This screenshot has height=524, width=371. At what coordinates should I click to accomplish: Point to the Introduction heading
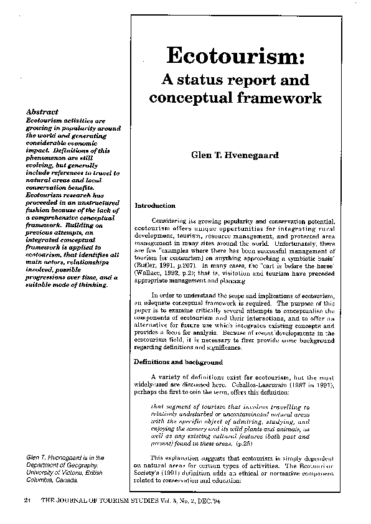tap(155, 205)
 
